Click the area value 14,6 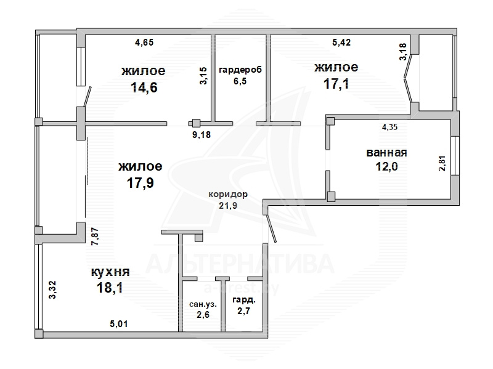(144, 87)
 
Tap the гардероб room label (240, 70)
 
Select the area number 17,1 (336, 84)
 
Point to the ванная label (387, 153)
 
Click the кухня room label (110, 272)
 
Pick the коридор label (228, 194)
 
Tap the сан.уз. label (203, 304)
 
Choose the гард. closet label (244, 300)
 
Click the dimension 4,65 (144, 42)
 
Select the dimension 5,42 (341, 42)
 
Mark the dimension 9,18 (202, 135)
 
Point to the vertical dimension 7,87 (95, 237)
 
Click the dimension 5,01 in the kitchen (118, 323)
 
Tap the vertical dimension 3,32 (52, 290)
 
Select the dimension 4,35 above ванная (389, 127)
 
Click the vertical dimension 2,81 (442, 163)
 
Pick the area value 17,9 (141, 182)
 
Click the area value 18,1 (110, 288)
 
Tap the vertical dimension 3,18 (403, 52)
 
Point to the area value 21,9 (228, 206)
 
